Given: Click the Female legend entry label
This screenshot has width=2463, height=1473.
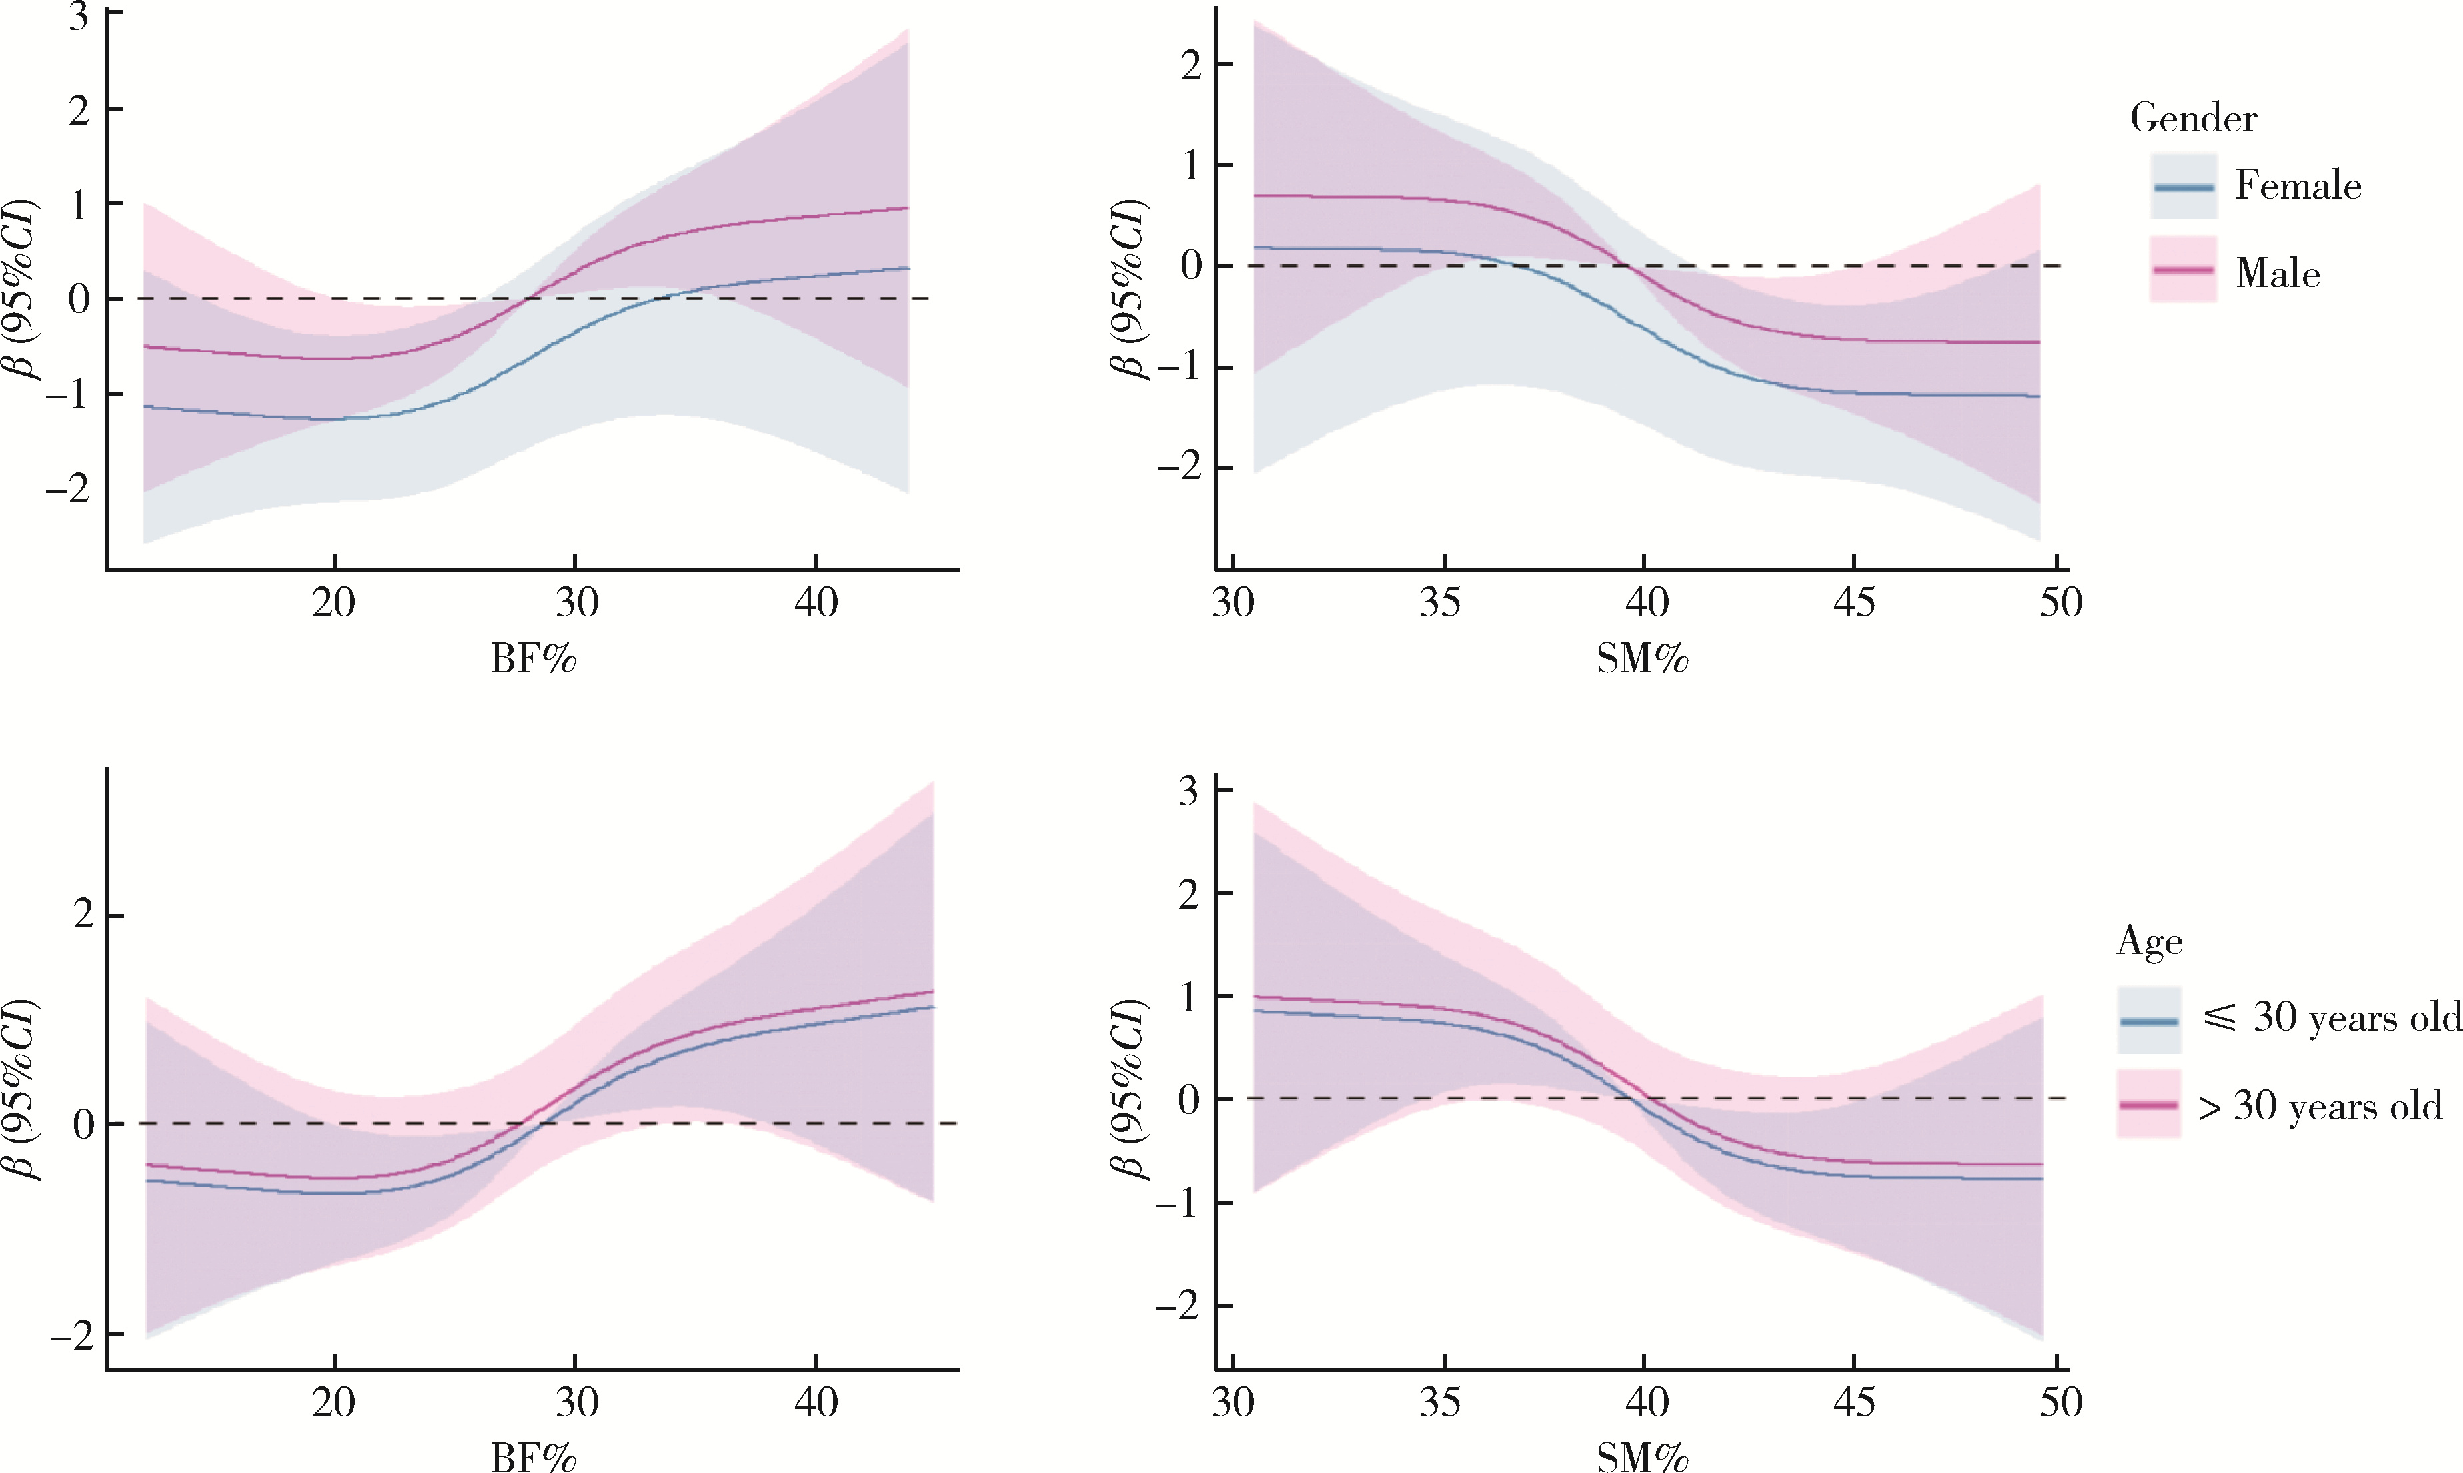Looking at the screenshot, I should [x=2297, y=186].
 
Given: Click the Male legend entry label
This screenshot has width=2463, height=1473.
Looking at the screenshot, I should [x=2277, y=273].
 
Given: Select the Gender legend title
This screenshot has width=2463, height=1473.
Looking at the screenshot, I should [x=2193, y=118].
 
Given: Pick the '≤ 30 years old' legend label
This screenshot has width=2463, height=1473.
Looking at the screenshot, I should [x=2332, y=1017].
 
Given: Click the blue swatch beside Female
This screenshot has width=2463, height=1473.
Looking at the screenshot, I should [x=2183, y=187].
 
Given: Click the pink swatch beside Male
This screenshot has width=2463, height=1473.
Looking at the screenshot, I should [x=2183, y=269].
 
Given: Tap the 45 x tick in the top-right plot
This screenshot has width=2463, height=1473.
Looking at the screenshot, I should [x=1853, y=602].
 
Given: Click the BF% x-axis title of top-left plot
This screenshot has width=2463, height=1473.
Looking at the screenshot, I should [x=533, y=659].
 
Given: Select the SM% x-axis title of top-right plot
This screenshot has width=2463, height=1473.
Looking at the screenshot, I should [x=1642, y=659].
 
